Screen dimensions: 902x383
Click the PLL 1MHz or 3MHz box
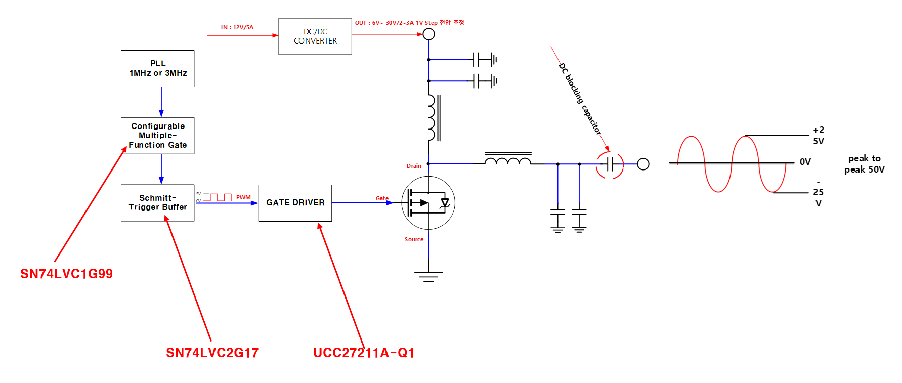tap(158, 68)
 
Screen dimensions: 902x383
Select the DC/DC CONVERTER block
tap(315, 36)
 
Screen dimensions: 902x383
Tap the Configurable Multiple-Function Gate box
tap(158, 136)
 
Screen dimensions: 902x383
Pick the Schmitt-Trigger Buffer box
tap(158, 203)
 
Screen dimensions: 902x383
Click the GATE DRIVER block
tap(295, 203)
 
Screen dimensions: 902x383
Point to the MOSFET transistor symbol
tap(428, 203)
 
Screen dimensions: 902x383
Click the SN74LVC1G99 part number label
tap(67, 274)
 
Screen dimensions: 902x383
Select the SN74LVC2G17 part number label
tap(212, 353)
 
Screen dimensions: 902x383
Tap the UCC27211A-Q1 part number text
tap(364, 353)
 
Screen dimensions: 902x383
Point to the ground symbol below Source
tap(428, 276)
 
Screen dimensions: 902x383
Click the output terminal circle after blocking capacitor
tap(643, 164)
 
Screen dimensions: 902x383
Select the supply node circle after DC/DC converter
tap(428, 34)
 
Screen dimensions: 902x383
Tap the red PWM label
tap(243, 197)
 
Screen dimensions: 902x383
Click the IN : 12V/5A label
tap(237, 27)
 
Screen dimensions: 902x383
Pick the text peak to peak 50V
tap(865, 164)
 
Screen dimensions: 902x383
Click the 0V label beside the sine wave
tap(805, 162)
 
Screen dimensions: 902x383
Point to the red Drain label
tap(414, 166)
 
